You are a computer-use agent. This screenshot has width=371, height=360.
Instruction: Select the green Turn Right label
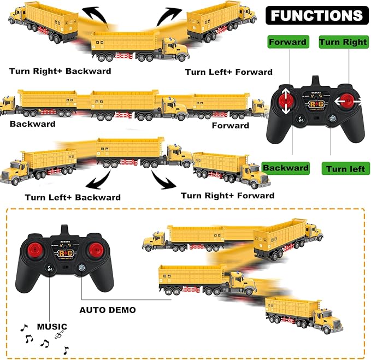[x=343, y=42]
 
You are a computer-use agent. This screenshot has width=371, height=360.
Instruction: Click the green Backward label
[x=286, y=168]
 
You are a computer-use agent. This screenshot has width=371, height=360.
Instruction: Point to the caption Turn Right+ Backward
[x=60, y=71]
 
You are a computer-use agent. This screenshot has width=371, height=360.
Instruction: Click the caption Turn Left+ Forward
[x=228, y=72]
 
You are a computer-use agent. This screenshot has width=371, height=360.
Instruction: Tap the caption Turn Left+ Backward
[x=72, y=197]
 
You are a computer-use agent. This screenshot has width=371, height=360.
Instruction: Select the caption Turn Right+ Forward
[x=227, y=196]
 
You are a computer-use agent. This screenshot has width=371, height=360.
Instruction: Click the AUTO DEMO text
[x=108, y=310]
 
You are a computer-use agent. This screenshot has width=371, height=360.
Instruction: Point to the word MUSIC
[x=52, y=327]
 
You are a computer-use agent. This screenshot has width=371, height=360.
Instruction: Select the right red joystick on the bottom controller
[x=95, y=250]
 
